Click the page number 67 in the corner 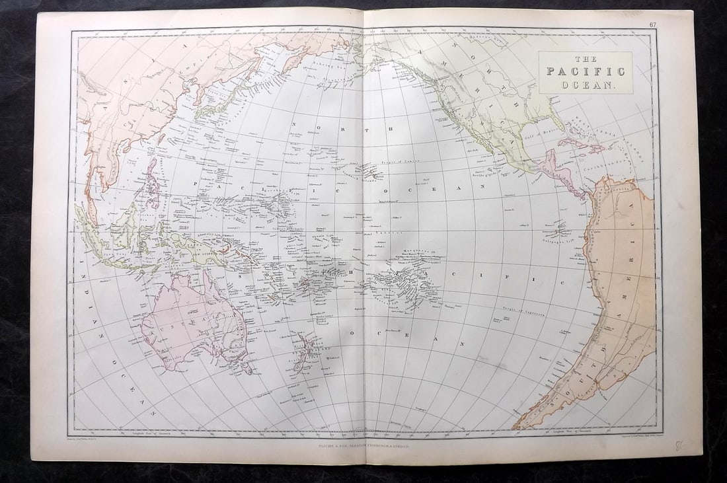652,24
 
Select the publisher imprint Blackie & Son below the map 363,447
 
